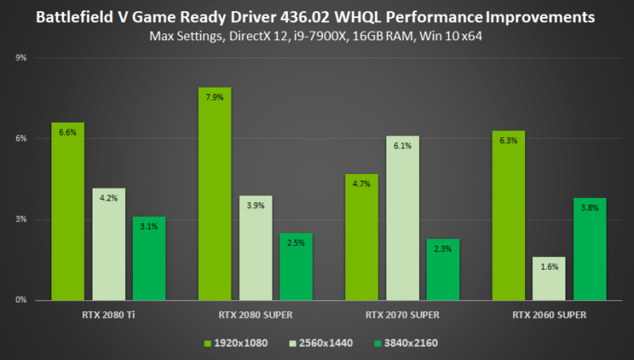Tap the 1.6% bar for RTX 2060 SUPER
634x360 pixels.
click(548, 279)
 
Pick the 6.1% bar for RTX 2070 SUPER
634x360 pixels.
click(403, 218)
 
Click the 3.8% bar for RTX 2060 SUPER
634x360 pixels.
click(589, 249)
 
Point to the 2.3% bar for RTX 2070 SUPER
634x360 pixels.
click(443, 269)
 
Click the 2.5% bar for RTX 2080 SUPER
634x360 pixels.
click(296, 267)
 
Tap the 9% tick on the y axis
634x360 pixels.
click(21, 58)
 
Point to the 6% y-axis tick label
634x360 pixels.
click(21, 139)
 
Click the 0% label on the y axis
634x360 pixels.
click(21, 300)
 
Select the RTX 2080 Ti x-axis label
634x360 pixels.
click(109, 315)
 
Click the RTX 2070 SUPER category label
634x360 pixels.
click(403, 315)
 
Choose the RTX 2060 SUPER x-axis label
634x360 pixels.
click(549, 315)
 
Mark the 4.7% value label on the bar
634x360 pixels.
click(362, 183)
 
